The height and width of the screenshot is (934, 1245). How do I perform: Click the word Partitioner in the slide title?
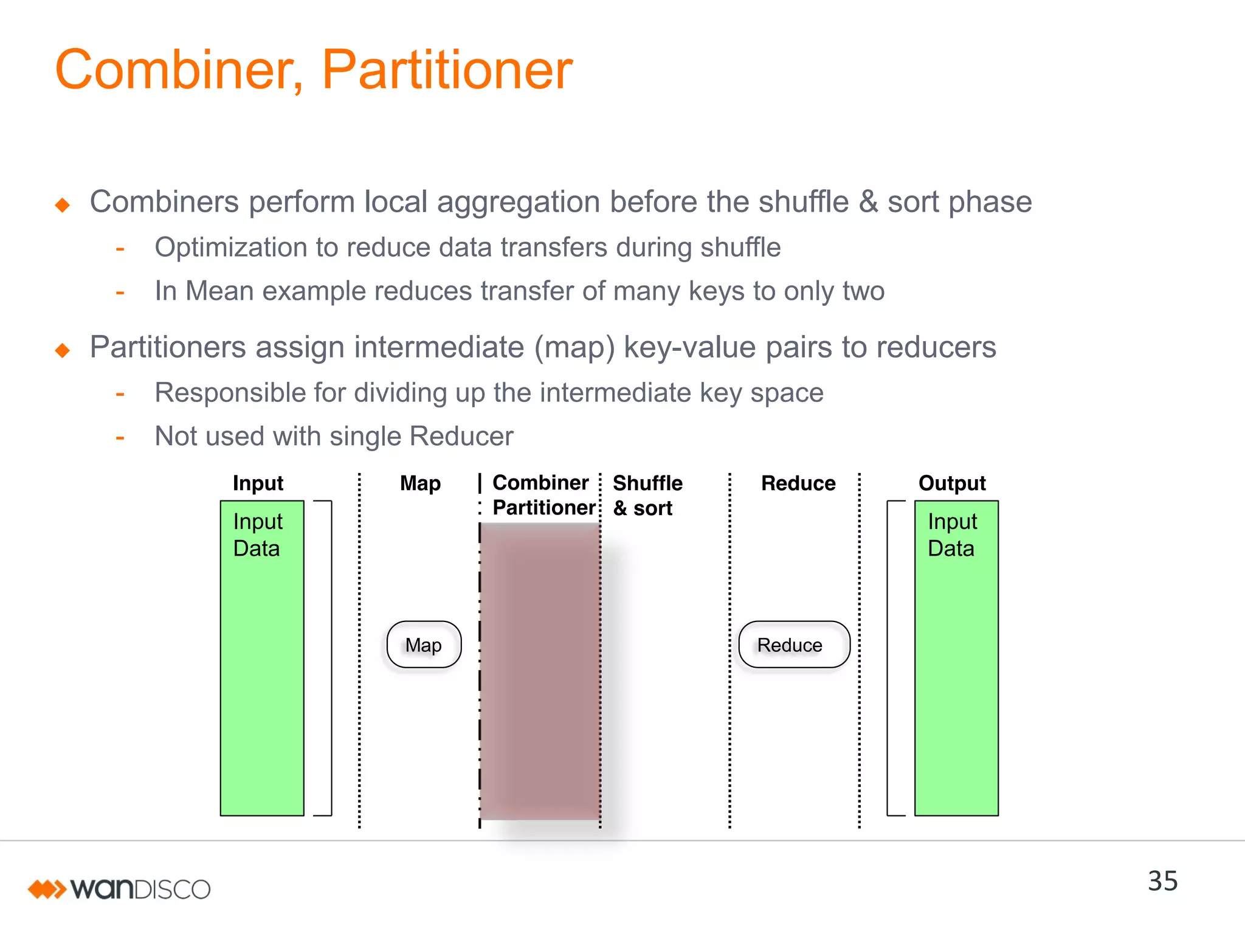click(447, 71)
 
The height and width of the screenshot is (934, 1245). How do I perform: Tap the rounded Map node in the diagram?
click(424, 645)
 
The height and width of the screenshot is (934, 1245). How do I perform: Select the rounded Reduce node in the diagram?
click(793, 645)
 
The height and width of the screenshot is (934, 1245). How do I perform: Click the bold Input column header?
click(258, 483)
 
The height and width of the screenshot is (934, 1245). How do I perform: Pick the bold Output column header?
click(951, 483)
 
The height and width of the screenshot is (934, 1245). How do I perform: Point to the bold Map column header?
click(420, 483)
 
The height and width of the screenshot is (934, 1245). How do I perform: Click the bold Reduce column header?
click(798, 483)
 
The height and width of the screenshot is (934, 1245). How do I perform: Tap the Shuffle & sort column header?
click(647, 495)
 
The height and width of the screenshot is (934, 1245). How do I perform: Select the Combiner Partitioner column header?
click(542, 495)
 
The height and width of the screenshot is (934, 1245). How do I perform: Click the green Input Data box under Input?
click(262, 657)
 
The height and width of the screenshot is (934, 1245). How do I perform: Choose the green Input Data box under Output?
click(956, 657)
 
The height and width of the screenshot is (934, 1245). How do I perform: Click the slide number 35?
click(1162, 881)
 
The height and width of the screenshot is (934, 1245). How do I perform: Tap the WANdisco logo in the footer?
click(119, 889)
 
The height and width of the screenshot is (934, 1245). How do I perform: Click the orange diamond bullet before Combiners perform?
click(62, 205)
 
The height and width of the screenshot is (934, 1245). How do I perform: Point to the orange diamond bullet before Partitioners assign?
click(62, 350)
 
